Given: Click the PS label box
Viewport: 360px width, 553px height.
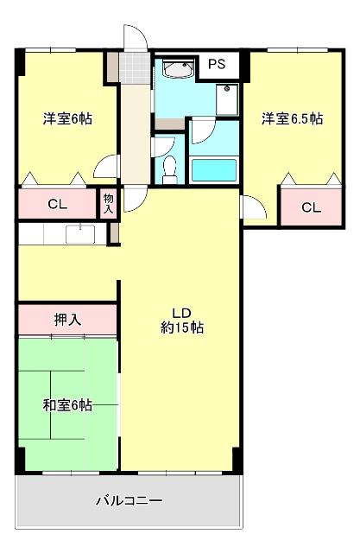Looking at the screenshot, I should click(x=218, y=63).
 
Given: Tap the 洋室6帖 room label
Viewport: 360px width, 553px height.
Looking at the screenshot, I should click(x=67, y=119).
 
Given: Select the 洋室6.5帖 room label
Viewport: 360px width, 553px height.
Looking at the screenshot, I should click(x=293, y=119).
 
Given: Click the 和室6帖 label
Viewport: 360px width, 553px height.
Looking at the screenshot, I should click(x=67, y=405).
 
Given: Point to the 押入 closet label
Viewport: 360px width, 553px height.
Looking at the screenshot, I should click(x=67, y=320).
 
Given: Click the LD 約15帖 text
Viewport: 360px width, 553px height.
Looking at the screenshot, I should click(x=181, y=321).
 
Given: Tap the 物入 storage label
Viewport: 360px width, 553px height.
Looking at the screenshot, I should click(x=108, y=203).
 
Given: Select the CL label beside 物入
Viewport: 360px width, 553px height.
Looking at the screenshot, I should click(x=57, y=205).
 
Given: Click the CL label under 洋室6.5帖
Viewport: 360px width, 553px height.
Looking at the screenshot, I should click(x=312, y=207).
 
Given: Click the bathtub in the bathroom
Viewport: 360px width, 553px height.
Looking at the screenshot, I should click(x=212, y=169).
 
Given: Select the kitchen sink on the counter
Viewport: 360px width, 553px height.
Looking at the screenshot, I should click(x=81, y=232).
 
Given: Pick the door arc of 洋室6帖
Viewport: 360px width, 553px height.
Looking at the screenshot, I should click(x=107, y=167).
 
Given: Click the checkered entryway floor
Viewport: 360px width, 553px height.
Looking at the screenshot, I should click(x=134, y=67).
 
